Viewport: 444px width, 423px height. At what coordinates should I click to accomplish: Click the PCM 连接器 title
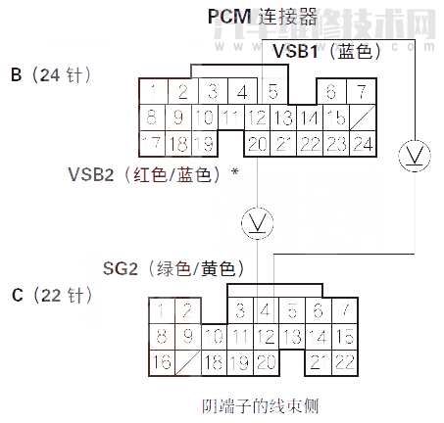[262, 16]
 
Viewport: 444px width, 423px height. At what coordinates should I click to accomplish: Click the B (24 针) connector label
[50, 74]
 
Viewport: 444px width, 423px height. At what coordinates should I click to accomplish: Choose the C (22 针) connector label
[51, 294]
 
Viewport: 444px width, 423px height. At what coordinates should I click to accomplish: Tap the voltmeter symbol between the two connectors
[258, 221]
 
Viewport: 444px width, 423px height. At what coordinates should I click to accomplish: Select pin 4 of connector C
[266, 312]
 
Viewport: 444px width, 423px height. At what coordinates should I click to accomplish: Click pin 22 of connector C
[344, 362]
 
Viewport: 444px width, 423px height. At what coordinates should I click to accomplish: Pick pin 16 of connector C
[161, 362]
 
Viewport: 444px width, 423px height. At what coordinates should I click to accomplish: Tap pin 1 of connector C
[161, 312]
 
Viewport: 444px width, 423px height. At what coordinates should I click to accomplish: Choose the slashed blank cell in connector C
[186, 362]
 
